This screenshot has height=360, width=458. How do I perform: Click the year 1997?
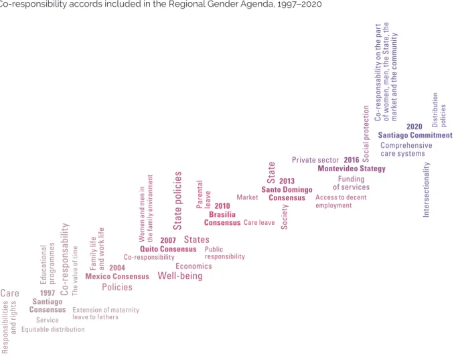pos(48,293)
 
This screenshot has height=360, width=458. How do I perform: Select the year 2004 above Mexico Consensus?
pos(117,268)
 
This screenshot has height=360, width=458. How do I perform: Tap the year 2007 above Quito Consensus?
pos(168,240)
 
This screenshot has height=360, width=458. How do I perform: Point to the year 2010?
pos(222,206)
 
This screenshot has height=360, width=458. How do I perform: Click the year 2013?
pos(287,181)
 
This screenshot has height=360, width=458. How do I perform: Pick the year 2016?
pos(352,160)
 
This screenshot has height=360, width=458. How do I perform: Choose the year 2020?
pos(414,126)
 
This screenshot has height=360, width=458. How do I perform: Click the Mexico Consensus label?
pos(117,276)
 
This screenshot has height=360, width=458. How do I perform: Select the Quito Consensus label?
pos(168,249)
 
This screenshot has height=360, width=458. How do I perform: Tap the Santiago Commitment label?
pos(415,135)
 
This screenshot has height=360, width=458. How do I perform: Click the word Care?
pos(9,293)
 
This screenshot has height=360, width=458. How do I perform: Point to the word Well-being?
pos(180,276)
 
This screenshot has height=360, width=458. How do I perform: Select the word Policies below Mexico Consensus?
pos(117,287)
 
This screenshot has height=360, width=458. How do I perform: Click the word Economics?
pos(194,266)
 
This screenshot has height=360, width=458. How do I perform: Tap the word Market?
pos(247,197)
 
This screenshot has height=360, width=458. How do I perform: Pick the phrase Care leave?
pos(259,222)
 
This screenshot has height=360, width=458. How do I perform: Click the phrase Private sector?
pos(315,160)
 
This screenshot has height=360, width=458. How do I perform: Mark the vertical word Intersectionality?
pos(426,190)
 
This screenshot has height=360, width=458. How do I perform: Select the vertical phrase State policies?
pos(177,201)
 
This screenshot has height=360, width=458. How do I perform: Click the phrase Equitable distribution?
pos(53,329)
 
